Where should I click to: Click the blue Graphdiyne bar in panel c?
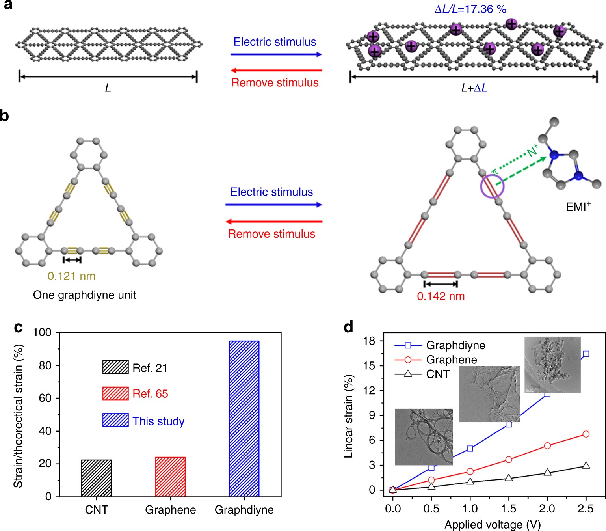(244, 418)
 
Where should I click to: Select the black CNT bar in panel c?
(96, 478)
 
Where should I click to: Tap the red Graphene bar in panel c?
(170, 477)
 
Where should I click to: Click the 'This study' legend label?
(158, 421)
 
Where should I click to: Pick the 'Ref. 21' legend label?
(150, 368)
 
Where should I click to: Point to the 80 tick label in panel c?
(45, 365)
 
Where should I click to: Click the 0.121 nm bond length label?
(72, 276)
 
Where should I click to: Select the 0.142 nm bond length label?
(441, 296)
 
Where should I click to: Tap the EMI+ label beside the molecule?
(578, 207)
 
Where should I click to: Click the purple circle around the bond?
(492, 186)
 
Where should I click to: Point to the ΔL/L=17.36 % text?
(470, 9)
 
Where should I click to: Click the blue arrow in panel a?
(276, 54)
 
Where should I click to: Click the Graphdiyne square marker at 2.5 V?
(586, 354)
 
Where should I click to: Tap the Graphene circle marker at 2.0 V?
(547, 445)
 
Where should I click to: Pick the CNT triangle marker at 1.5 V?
(509, 478)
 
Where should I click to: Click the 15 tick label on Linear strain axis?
(369, 365)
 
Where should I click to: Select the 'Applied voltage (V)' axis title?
(493, 525)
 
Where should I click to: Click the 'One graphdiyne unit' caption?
(85, 295)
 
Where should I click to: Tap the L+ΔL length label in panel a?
(474, 88)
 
